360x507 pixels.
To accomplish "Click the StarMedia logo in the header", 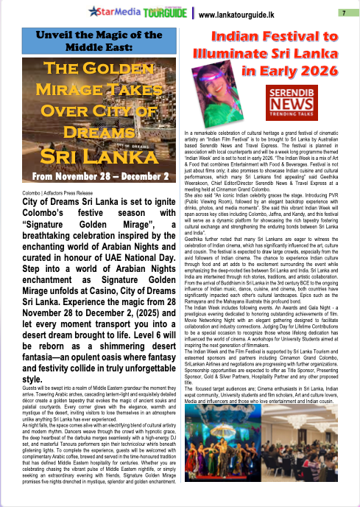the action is pyautogui.click(x=113, y=12).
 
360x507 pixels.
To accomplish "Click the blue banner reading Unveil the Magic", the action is pyautogui.click(x=97, y=41).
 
